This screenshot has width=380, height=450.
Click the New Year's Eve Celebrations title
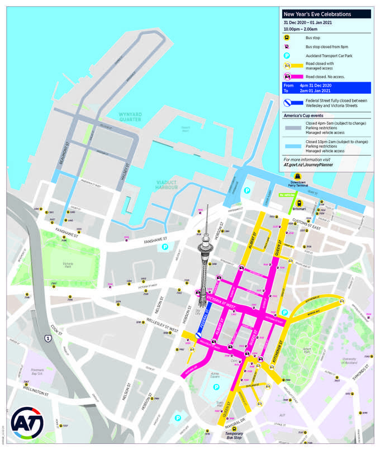click(317, 14)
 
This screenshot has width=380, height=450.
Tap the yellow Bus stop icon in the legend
click(287, 36)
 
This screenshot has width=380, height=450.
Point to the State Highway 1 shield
click(49, 338)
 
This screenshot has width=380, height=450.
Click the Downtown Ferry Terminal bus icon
click(297, 177)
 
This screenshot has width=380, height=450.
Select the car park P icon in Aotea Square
click(216, 387)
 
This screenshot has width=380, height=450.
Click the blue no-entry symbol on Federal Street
click(199, 333)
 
